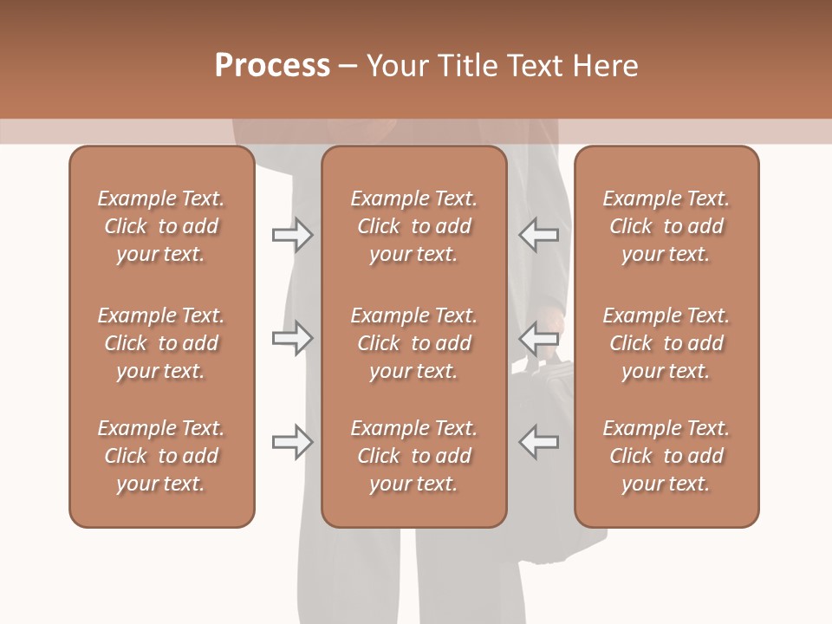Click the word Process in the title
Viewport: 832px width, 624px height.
coord(272,66)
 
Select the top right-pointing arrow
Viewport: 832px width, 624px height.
coord(292,235)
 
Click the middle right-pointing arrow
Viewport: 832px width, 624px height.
coord(292,338)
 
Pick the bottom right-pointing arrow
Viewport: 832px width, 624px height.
coord(292,442)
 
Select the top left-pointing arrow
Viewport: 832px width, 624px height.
coord(539,235)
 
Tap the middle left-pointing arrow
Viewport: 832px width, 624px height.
coord(539,338)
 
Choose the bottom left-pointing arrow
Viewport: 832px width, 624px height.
coord(539,442)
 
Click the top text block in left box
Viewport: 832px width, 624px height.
coord(161,226)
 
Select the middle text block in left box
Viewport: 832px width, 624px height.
coord(161,343)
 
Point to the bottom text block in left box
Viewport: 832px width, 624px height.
coord(161,456)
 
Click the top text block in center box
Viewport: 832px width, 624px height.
coord(413,226)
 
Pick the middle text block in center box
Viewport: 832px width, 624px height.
coord(413,343)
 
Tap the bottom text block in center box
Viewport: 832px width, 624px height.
coord(413,456)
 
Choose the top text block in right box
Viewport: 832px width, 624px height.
coord(666,226)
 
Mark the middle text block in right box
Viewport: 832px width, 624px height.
coord(666,343)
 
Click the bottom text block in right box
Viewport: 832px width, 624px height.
coord(666,456)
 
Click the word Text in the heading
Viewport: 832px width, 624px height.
coord(531,66)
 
